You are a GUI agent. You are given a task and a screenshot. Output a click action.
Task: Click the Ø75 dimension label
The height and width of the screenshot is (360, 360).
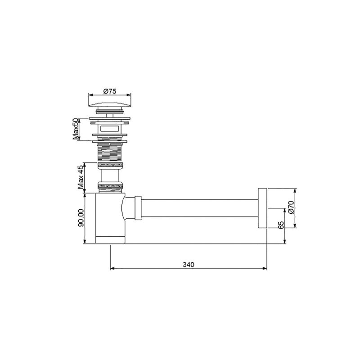(110, 91)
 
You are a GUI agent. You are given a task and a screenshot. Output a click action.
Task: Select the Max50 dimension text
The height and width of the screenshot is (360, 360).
(76, 129)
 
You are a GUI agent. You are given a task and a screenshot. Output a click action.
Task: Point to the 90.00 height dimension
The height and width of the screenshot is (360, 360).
(81, 218)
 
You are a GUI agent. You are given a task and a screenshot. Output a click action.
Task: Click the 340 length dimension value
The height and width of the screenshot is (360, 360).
(189, 265)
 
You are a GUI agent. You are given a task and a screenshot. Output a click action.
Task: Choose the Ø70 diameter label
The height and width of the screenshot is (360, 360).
(291, 207)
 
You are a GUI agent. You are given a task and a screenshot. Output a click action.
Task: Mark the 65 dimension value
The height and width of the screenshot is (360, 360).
(281, 225)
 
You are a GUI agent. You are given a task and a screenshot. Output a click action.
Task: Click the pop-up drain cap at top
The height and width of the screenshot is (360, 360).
(110, 104)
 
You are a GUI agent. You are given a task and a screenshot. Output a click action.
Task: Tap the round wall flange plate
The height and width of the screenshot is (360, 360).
(262, 208)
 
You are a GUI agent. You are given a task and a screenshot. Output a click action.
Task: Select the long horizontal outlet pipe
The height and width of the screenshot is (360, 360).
(200, 208)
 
